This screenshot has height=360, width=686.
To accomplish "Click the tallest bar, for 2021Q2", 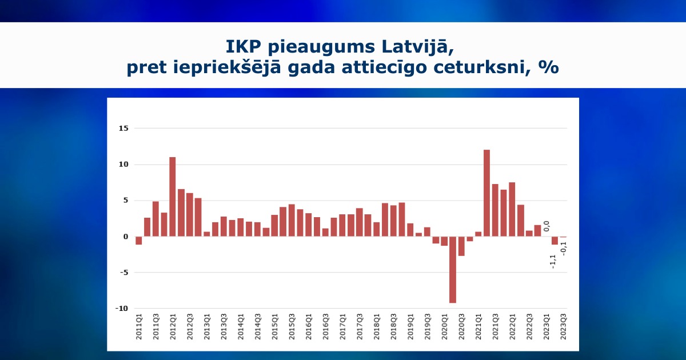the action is pos(486,193).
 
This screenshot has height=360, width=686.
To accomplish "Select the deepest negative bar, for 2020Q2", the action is pos(453,270).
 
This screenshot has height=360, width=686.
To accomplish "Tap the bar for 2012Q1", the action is pos(173,197).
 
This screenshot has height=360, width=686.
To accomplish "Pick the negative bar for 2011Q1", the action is pos(139,241).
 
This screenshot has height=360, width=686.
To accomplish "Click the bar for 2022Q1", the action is pos(512,209).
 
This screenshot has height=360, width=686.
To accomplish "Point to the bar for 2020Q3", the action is pos(461,246).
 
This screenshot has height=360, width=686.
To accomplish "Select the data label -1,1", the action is pos(553,262).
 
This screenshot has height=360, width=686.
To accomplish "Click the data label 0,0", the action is pos(547,226).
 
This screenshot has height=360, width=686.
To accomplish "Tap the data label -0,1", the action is pos(563,249).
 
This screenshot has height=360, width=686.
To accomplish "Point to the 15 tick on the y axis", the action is pos(123,129).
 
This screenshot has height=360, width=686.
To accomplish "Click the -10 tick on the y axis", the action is pos(122,309).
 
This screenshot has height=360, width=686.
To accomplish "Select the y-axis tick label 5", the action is pos(126,201).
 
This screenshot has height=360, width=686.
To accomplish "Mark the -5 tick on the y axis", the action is pos(123,273).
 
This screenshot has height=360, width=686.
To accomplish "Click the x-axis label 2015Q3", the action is pos(292,327).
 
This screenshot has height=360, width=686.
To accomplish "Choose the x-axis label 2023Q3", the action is pos(563,327).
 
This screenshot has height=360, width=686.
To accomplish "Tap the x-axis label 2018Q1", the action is pos(376,327).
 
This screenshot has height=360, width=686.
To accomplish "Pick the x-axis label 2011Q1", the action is pos(139,327).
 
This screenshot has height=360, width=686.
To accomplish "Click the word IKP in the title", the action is pos(243,47).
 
